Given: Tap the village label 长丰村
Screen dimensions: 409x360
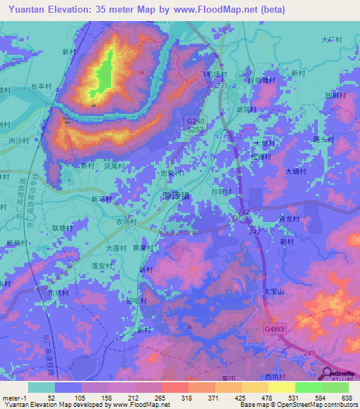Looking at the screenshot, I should [x=41, y=86].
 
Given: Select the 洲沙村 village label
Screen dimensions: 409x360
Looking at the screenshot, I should [x=19, y=141].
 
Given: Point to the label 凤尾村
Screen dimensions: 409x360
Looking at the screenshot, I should [x=114, y=167].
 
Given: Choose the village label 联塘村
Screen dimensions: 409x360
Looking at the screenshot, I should [x=62, y=228].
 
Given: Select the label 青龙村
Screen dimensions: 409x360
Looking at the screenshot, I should [x=289, y=219].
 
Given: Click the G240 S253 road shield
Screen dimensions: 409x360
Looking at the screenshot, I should [x=195, y=125].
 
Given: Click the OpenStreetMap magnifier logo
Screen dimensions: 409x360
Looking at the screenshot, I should [x=328, y=374].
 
